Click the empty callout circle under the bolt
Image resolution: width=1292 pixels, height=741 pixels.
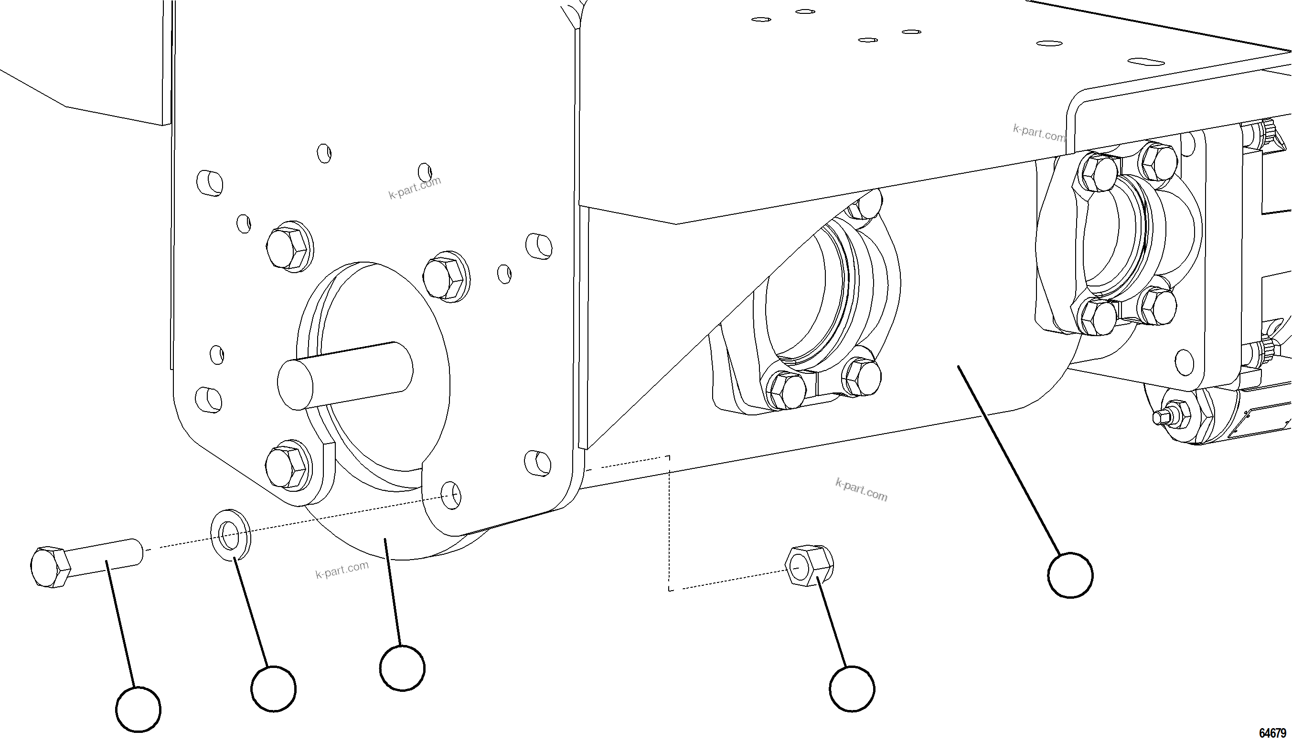point(138,709)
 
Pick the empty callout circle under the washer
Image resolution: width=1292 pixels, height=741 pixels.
point(273,688)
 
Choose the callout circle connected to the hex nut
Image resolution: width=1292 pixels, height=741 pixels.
point(852,688)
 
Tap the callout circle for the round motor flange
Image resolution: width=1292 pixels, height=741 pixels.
point(402,668)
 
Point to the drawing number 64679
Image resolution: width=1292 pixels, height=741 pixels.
point(1272,732)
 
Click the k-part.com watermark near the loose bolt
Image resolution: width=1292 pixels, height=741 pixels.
point(342,570)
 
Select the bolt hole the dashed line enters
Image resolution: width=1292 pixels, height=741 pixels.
point(450,494)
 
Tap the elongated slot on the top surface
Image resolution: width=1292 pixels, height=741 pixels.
point(1145,62)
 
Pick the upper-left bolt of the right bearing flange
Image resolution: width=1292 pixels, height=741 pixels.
point(1097,171)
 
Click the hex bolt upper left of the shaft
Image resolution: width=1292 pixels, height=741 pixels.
point(288,246)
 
